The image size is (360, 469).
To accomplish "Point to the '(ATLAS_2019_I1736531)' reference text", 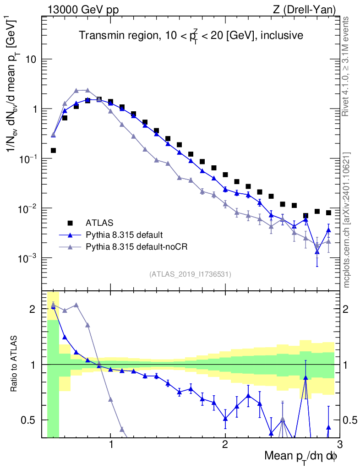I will [190, 274].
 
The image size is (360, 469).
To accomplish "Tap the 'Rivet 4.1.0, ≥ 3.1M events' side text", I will [346, 66].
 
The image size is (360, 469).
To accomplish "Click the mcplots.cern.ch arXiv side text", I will [347, 220].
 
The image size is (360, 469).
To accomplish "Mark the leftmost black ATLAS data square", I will [53, 150].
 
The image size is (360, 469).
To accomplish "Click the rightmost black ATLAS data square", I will [328, 213].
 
